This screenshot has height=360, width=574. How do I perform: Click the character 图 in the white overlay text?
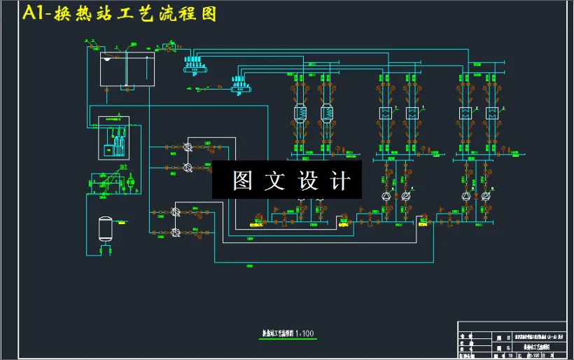click(242, 181)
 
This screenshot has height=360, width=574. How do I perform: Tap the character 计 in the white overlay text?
click(339, 181)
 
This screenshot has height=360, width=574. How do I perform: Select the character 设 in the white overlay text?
click(307, 181)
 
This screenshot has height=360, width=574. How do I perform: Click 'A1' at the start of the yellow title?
click(34, 14)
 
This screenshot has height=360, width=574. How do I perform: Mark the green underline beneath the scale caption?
click(286, 338)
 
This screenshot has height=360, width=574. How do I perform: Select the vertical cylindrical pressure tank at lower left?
click(106, 228)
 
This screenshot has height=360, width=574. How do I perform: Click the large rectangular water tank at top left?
click(127, 69)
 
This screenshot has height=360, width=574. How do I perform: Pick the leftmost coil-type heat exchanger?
click(300, 113)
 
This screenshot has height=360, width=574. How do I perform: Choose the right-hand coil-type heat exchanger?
click(327, 113)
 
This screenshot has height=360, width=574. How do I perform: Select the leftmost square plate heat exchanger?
click(385, 113)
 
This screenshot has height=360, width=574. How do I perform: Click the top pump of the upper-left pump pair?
click(188, 147)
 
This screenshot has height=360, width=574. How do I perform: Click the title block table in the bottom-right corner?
click(514, 340)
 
